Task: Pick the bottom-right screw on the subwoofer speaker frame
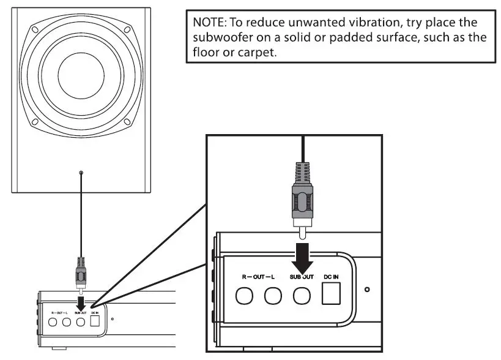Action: pyautogui.click(x=127, y=122)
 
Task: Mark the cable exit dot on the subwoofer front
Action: pyautogui.click(x=81, y=174)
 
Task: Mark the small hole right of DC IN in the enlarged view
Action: pyautogui.click(x=366, y=289)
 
